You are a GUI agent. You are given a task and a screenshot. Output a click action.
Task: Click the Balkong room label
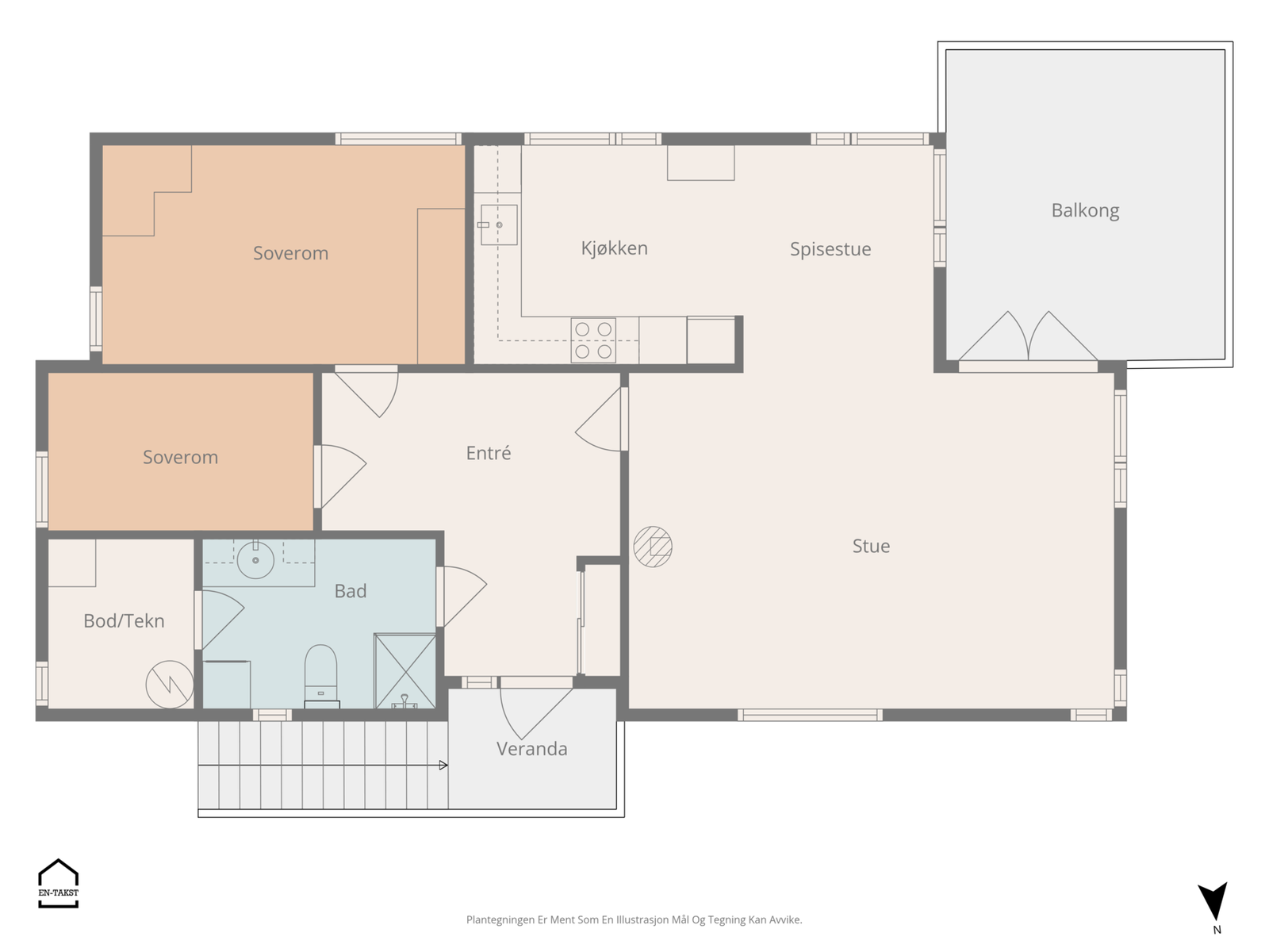1084,210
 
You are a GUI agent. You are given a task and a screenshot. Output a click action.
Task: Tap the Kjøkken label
614,248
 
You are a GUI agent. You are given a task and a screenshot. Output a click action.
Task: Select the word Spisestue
830,249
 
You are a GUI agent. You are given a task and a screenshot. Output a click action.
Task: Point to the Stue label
871,546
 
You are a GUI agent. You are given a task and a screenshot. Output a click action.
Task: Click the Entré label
488,452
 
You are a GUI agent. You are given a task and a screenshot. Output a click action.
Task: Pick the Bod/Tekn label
124,620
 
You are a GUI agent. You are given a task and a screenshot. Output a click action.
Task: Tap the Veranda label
532,749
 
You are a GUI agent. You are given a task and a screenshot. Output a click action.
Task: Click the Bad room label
351,591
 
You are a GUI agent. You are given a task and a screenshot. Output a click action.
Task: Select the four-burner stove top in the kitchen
593,340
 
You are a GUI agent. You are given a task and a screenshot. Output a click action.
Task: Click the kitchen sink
498,225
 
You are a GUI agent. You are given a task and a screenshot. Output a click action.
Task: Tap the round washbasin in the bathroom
255,559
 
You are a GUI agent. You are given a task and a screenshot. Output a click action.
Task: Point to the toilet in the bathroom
321,676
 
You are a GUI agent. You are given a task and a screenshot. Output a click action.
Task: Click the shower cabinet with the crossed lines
404,671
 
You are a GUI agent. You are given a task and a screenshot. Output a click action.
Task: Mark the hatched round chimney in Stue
653,547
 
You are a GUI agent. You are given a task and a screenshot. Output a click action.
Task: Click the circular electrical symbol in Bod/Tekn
170,685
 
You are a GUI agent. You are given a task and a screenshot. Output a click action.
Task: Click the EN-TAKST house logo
59,883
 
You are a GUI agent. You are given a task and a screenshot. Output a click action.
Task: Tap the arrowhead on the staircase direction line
443,766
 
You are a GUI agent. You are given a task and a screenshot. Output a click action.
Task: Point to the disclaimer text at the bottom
634,919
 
